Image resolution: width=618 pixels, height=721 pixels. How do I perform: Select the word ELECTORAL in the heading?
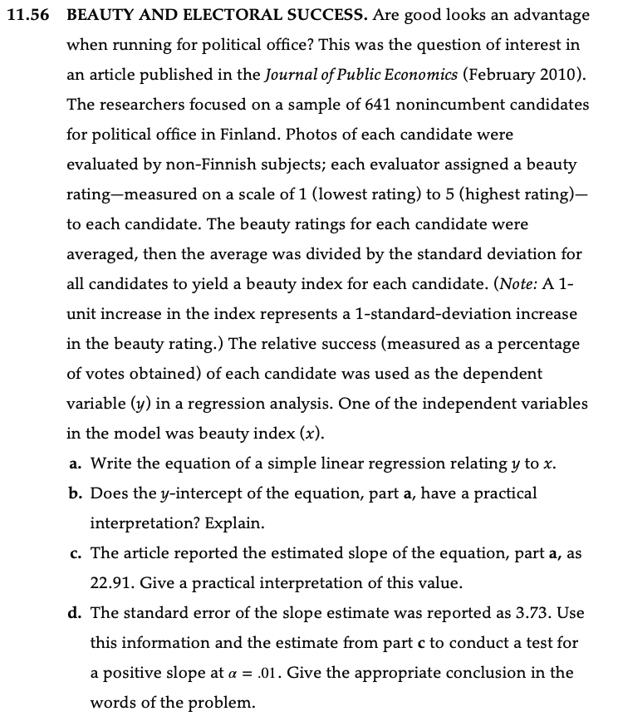click(x=219, y=16)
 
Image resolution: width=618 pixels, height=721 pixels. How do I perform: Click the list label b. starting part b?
click(x=74, y=493)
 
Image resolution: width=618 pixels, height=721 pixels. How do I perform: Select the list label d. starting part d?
click(x=74, y=613)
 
